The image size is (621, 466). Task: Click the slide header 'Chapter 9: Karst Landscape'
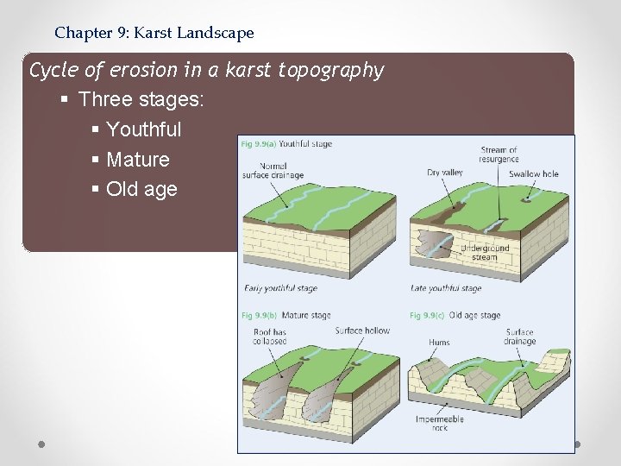(154, 34)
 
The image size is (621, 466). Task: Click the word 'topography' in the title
(331, 70)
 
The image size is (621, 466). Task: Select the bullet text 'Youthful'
(143, 129)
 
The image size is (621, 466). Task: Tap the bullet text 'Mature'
(137, 160)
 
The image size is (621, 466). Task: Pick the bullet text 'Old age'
(141, 189)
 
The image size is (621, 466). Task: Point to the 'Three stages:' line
(141, 99)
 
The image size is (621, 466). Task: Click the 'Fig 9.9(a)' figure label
(258, 144)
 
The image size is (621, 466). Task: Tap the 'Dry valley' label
(445, 173)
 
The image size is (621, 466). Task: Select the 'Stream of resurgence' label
(499, 154)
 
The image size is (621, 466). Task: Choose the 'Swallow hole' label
(533, 173)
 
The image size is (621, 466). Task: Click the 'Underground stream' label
(485, 252)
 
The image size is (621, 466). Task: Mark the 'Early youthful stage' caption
(280, 288)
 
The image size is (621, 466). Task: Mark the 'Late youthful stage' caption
(447, 288)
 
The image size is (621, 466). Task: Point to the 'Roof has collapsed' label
(270, 337)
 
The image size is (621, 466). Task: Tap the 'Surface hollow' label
(362, 331)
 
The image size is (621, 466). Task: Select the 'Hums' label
(439, 343)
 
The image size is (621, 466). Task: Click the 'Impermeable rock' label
(439, 423)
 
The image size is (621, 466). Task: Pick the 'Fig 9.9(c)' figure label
(427, 316)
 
